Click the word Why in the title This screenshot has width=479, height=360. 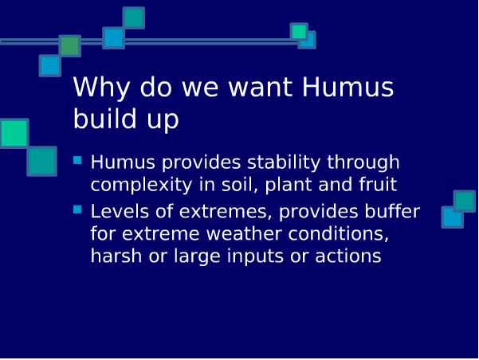click(101, 88)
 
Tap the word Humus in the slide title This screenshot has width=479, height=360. click(348, 87)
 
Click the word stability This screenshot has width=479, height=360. click(284, 162)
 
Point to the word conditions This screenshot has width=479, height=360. click(338, 234)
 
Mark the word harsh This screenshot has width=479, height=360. click(116, 256)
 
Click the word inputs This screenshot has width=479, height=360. click(255, 256)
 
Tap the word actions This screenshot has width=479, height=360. click(348, 256)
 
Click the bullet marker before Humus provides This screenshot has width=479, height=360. click(77, 160)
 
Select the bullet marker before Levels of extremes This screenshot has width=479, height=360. click(77, 209)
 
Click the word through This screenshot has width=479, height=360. click(363, 162)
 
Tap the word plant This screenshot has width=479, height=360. click(289, 185)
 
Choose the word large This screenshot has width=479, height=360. click(197, 256)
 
